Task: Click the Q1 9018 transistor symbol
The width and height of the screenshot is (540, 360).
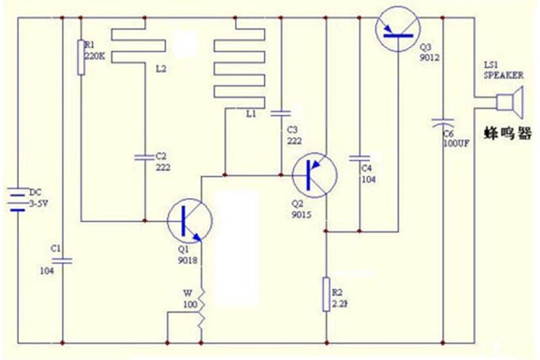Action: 189,220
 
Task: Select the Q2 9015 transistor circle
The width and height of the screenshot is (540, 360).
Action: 315,175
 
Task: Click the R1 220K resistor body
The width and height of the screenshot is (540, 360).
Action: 81,57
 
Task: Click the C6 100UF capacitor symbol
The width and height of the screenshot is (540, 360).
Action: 443,124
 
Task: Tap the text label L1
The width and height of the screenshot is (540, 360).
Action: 252,114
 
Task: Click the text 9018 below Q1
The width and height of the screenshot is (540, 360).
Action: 188,261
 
